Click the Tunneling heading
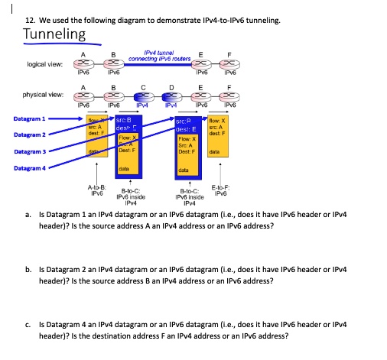(x=55, y=34)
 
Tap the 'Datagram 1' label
(x=30, y=118)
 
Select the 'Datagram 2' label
(x=30, y=135)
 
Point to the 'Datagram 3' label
(x=30, y=151)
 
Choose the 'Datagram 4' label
(x=30, y=167)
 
